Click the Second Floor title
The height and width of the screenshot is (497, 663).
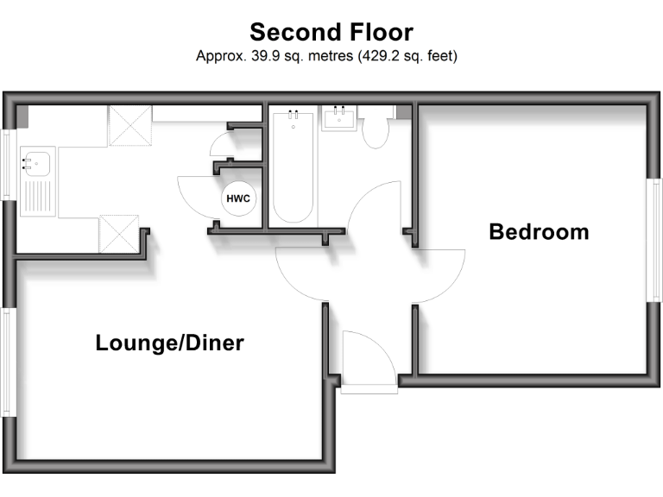tap(331, 33)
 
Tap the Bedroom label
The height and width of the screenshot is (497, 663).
tap(539, 231)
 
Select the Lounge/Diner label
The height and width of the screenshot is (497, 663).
tap(169, 343)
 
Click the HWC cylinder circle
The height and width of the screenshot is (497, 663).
tap(238, 198)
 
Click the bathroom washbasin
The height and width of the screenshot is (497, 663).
tap(339, 118)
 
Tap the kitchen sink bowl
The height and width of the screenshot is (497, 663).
tap(37, 161)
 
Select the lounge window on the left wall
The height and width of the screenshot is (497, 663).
tap(7, 362)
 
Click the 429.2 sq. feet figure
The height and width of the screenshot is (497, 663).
tap(403, 57)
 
